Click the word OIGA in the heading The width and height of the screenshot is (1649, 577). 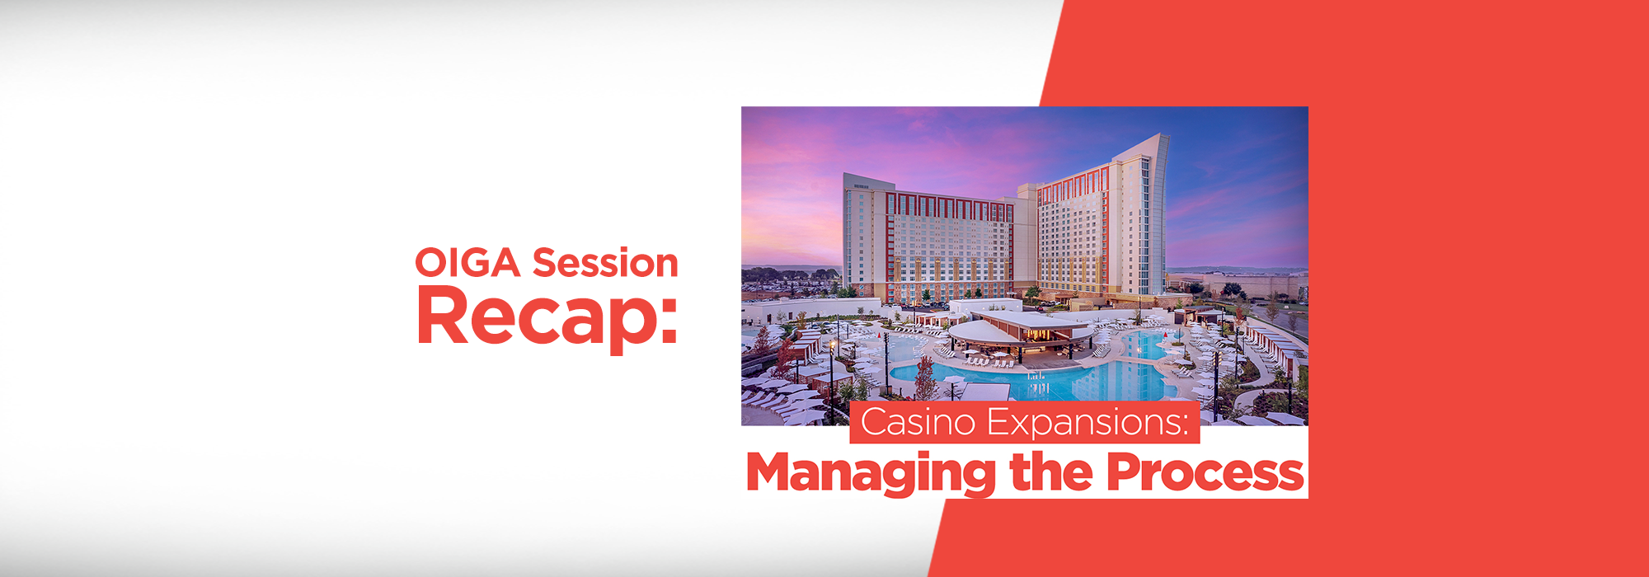tap(467, 264)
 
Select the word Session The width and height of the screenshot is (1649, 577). tap(605, 264)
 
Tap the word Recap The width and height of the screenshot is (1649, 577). tap(536, 317)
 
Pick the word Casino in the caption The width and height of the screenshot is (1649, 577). tap(918, 422)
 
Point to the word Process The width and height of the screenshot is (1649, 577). tap(1205, 472)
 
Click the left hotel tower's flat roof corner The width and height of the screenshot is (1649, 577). tap(847, 176)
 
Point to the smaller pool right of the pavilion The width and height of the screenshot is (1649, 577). tap(1142, 345)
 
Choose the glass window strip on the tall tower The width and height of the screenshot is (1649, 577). tap(1146, 223)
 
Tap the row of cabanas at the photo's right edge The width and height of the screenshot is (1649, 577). tap(1274, 346)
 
